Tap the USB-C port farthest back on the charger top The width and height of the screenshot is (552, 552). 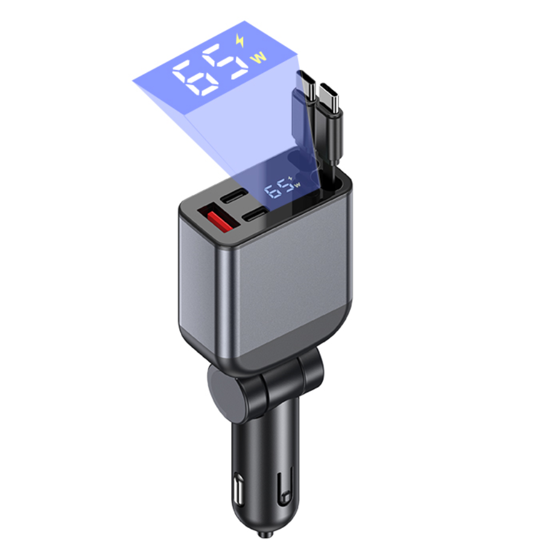(233, 195)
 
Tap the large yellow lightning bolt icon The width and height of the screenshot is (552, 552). (240, 40)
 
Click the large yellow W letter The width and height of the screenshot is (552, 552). (258, 57)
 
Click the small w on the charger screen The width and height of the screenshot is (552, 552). (297, 185)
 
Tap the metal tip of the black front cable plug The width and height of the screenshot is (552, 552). (330, 97)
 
